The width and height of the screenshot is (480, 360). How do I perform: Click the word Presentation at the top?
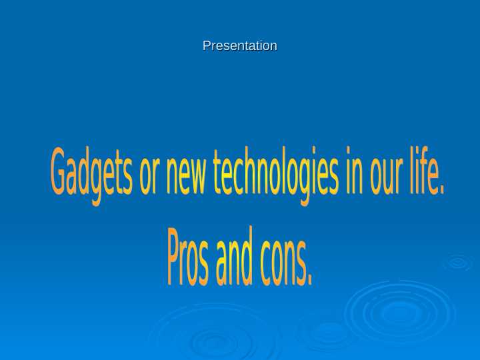coord(240,46)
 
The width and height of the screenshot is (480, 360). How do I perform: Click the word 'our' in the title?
coord(385,175)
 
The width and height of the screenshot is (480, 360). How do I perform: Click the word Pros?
coord(188,257)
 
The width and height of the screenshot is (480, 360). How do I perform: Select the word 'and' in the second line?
coord(234,257)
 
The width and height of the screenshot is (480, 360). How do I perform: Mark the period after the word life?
coord(441,191)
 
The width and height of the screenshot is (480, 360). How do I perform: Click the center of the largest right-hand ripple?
coord(400,312)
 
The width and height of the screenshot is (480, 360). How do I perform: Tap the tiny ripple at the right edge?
coord(458,263)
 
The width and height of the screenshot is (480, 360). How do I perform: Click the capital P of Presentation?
coord(207,46)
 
